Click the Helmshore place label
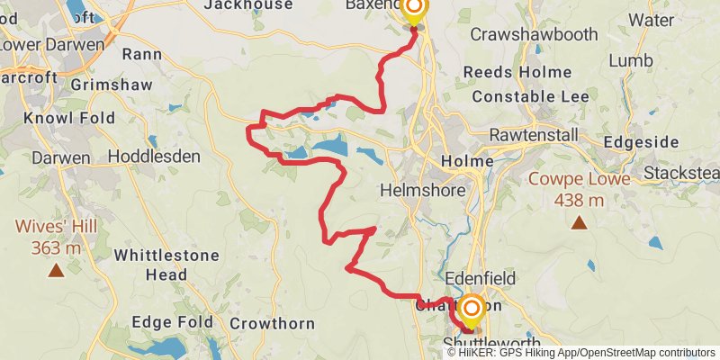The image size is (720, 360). tap(424, 191)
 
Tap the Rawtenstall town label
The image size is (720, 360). tap(537, 135)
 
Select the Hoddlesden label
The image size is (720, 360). tap(154, 157)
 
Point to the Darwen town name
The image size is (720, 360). tap(61, 157)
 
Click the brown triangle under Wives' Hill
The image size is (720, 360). tap(56, 268)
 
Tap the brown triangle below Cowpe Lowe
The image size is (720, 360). tap(578, 222)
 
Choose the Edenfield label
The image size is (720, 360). tap(481, 279)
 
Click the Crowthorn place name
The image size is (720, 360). tap(272, 323)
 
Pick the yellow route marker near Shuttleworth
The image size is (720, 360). tap(471, 310)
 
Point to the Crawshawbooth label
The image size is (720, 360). tap(534, 34)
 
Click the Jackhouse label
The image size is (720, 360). tap(248, 4)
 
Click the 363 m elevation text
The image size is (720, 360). tap(56, 247)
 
